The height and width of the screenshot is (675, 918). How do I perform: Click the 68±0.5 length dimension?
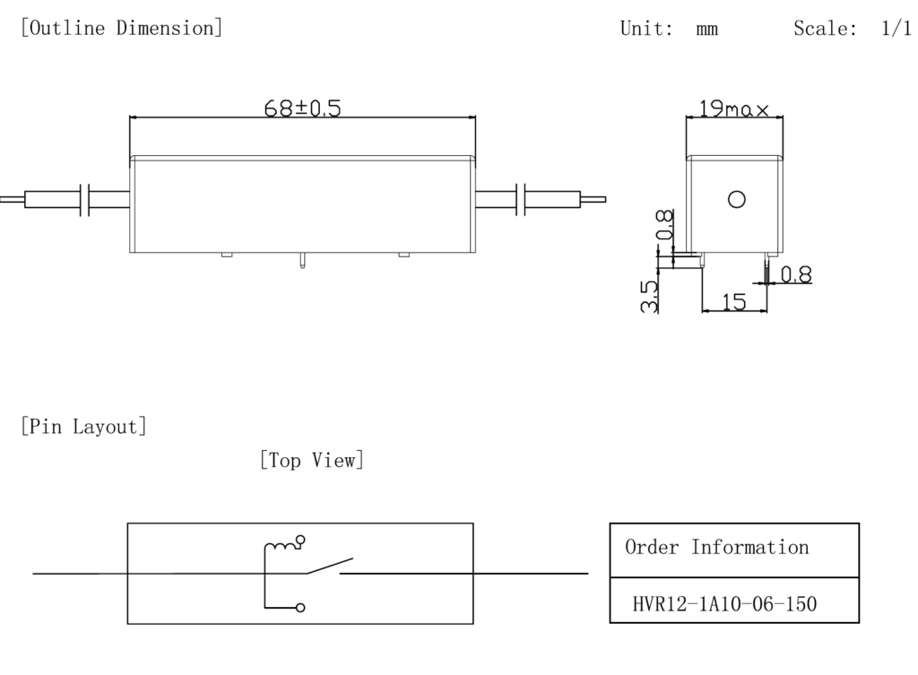[x=302, y=108]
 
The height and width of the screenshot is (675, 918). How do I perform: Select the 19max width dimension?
[x=734, y=109]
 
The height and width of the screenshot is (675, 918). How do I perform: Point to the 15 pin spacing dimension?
[x=733, y=302]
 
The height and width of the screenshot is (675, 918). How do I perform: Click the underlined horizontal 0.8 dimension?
[x=795, y=275]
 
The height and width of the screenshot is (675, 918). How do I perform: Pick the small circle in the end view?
[x=737, y=199]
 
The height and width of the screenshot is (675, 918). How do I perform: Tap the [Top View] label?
[x=311, y=461]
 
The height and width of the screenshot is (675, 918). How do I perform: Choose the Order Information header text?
[x=716, y=547]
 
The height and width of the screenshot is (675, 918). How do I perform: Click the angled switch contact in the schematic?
[x=323, y=566]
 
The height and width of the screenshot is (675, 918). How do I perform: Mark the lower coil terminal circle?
[x=301, y=607]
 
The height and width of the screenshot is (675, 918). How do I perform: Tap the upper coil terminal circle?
[x=300, y=540]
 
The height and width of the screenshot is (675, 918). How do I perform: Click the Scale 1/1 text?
[x=852, y=28]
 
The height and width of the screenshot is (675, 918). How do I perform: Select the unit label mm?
[x=706, y=29]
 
